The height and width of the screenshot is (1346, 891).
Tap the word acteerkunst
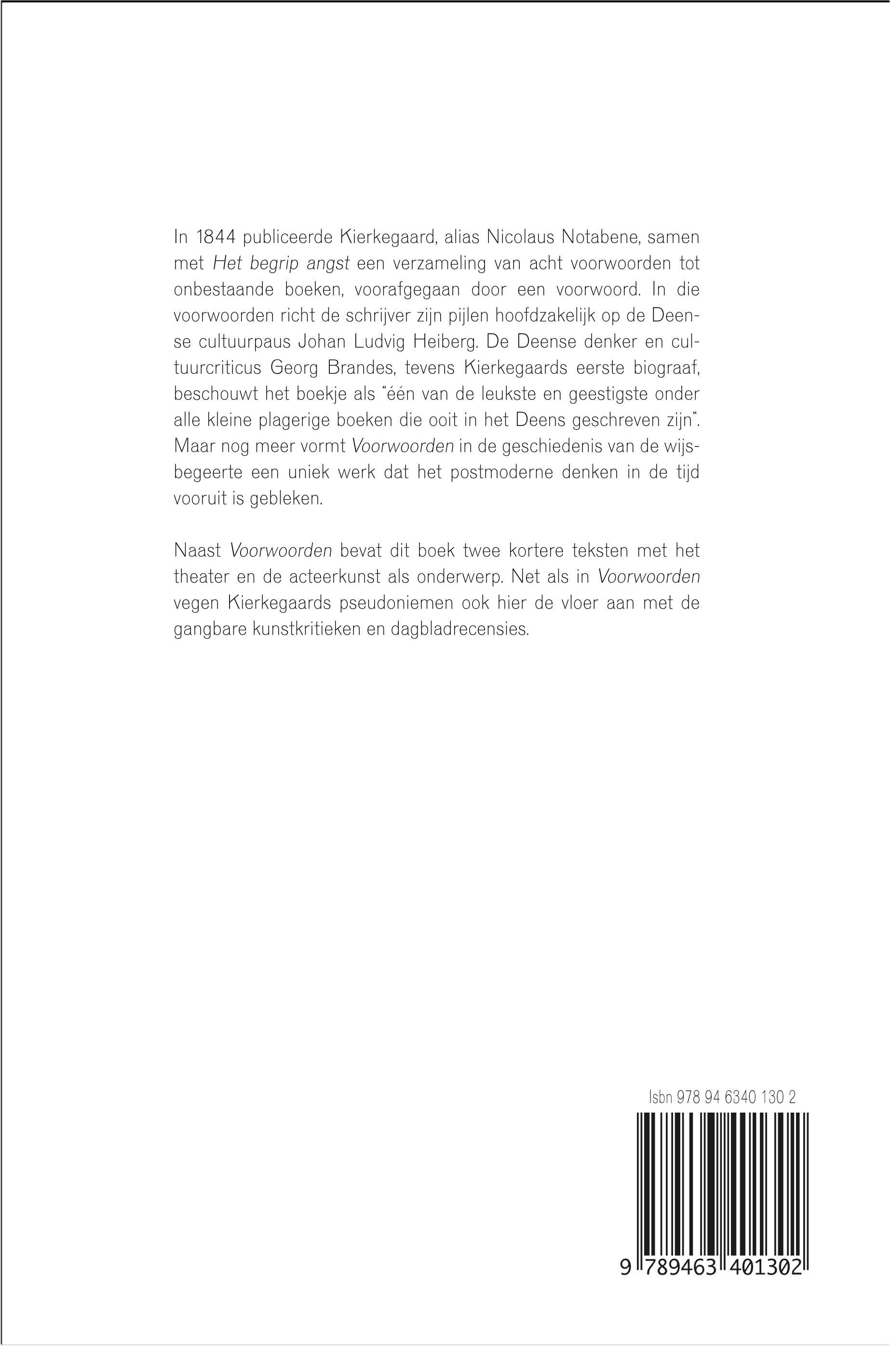(328, 577)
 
